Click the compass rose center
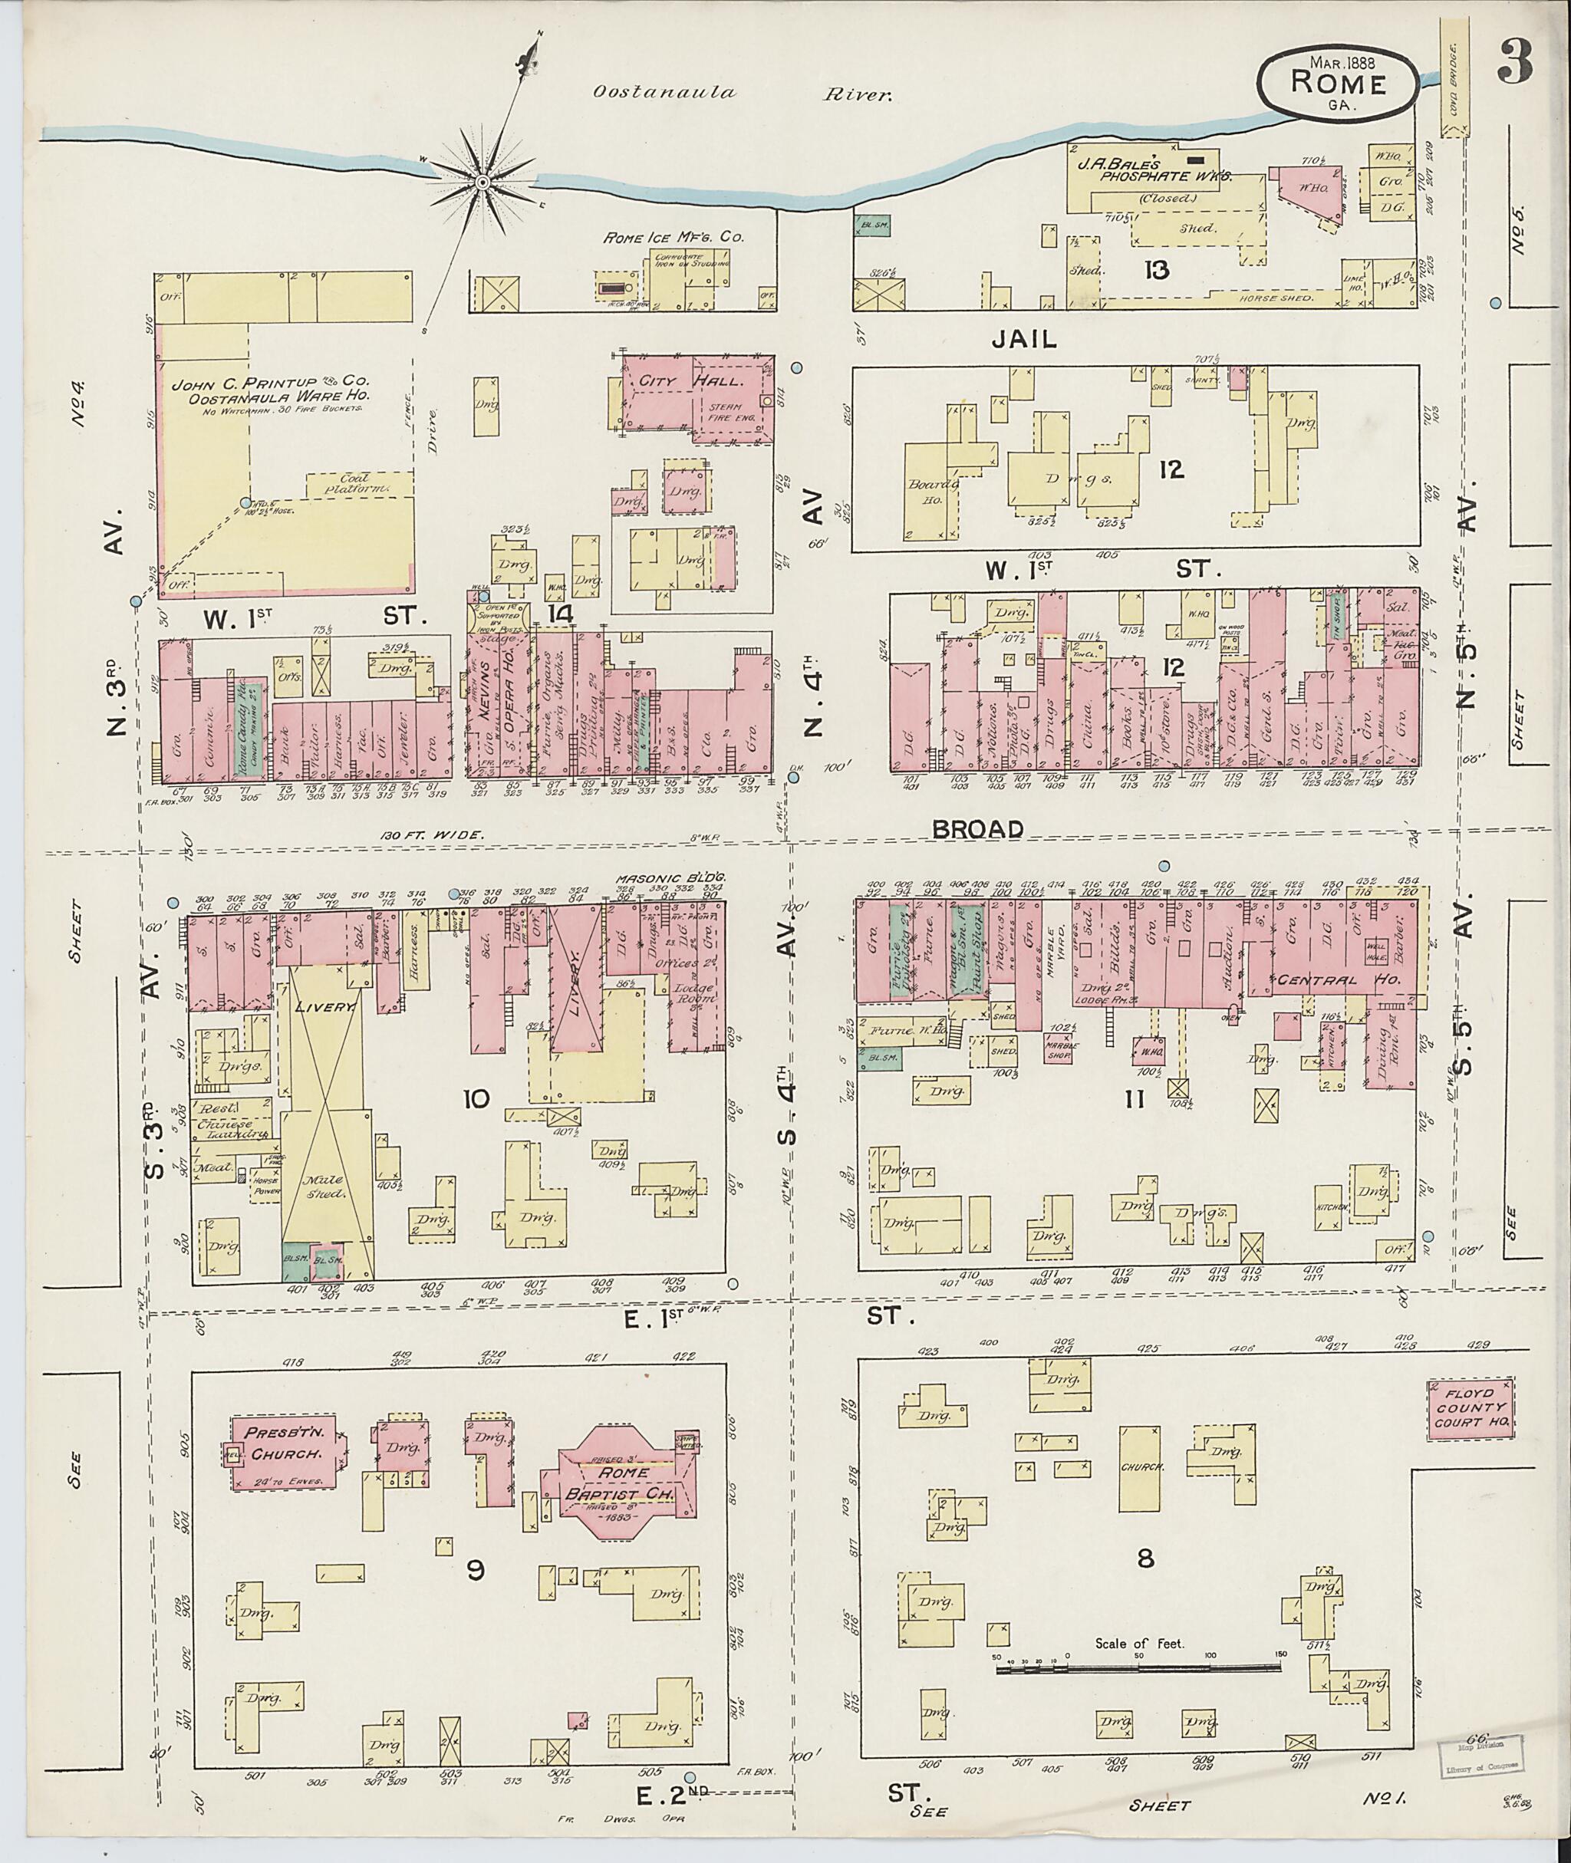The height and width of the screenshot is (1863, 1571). [x=482, y=183]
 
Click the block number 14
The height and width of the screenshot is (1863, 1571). [x=560, y=613]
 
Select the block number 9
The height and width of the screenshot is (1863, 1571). [x=475, y=1570]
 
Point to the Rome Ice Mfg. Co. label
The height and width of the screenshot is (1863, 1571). [x=674, y=238]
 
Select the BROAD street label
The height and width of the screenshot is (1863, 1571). [x=977, y=828]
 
